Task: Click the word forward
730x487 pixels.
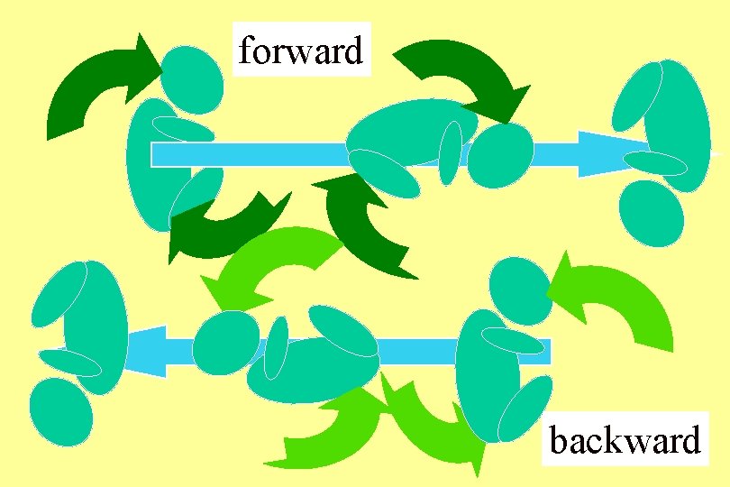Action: tap(301, 51)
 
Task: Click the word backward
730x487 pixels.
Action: tap(625, 441)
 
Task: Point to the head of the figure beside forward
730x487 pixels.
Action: tap(191, 78)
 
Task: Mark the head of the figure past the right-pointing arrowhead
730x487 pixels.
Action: tap(652, 213)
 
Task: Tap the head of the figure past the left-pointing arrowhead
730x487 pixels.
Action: tap(60, 411)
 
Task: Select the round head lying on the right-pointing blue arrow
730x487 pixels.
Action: tap(500, 155)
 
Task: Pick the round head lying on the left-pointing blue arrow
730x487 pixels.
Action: tap(226, 342)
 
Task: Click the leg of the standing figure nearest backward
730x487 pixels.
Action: tap(525, 408)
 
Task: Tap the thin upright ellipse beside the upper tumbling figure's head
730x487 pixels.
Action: tap(451, 153)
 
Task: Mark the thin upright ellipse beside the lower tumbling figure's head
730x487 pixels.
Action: tap(277, 348)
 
